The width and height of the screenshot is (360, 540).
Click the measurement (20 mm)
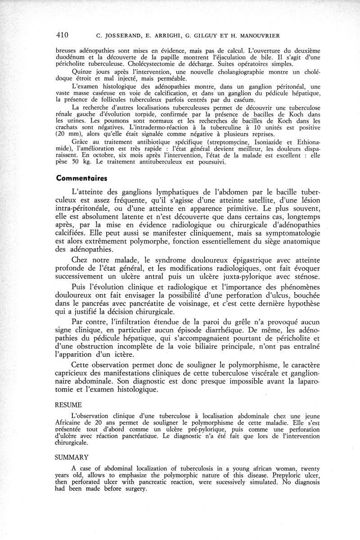click(x=70, y=134)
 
